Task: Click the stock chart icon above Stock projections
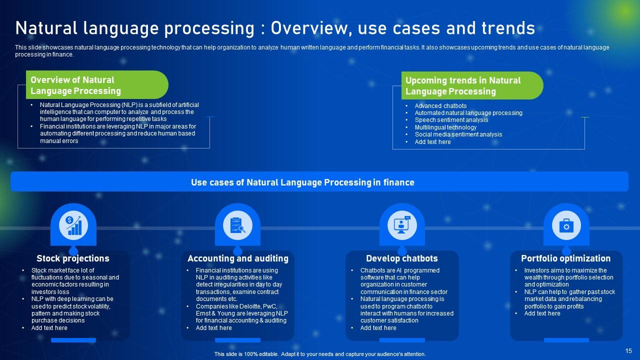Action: coord(73,225)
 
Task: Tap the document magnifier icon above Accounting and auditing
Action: coord(237,225)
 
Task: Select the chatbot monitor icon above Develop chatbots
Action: coord(402,225)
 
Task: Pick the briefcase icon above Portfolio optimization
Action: coord(566,225)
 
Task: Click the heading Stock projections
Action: coord(73,258)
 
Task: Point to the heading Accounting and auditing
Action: coord(238,258)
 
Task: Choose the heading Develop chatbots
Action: coord(402,258)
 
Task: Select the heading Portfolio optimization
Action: coord(566,258)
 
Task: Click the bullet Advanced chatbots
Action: coord(440,106)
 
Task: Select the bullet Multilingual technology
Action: coord(445,127)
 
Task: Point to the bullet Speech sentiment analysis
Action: coord(451,120)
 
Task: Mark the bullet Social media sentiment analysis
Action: coord(458,134)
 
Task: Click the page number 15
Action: coord(628,351)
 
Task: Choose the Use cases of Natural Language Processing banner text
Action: coord(302,182)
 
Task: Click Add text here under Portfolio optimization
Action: coord(542,313)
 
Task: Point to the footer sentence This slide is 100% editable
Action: coord(320,354)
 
